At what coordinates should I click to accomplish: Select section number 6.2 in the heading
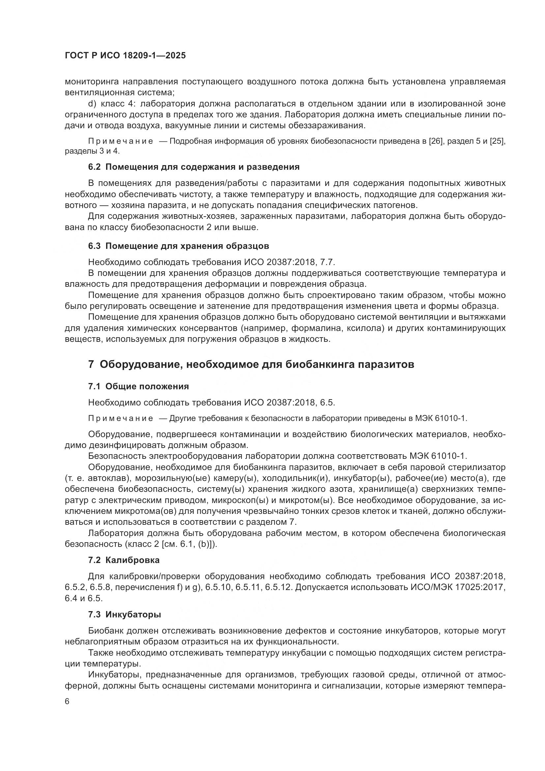[x=94, y=167]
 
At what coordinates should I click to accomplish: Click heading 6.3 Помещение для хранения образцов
[x=179, y=246]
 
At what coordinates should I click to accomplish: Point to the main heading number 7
[x=91, y=364]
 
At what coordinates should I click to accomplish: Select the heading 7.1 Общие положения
[x=138, y=387]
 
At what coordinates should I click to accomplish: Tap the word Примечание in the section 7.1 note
[x=121, y=418]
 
